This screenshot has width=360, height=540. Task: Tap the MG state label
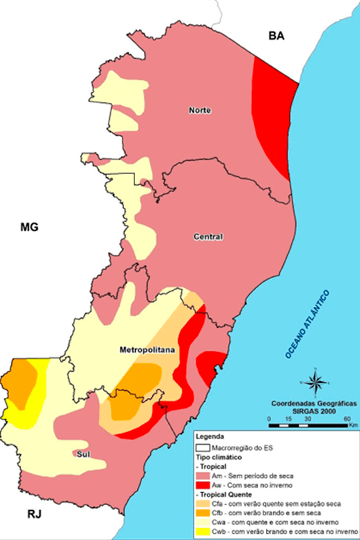29,227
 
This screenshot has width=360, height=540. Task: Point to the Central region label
208,237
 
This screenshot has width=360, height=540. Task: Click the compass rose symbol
314,382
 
